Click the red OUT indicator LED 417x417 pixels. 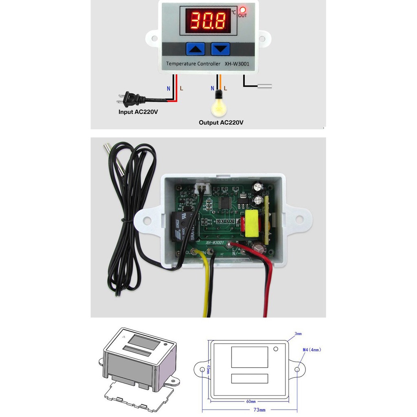[243, 10]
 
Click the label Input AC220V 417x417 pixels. [138, 112]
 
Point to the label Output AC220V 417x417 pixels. [221, 122]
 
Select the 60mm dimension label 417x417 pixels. [251, 401]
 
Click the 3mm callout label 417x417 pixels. [298, 334]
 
